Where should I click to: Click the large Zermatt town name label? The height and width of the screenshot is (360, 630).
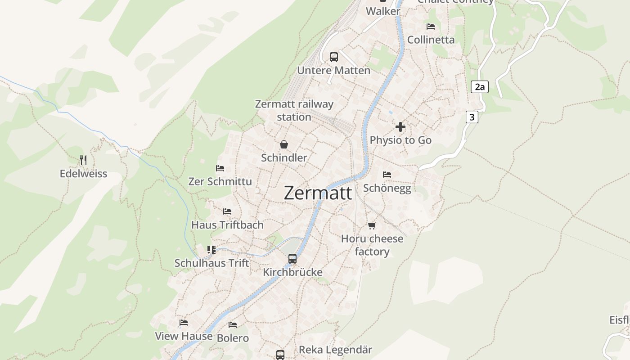pyautogui.click(x=318, y=193)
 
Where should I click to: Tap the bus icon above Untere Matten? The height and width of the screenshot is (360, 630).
pyautogui.click(x=333, y=57)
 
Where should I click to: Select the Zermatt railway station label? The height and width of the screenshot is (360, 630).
pyautogui.click(x=294, y=110)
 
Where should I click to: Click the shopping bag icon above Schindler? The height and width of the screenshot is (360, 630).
pyautogui.click(x=284, y=144)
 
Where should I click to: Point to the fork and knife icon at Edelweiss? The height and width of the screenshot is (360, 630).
pyautogui.click(x=83, y=160)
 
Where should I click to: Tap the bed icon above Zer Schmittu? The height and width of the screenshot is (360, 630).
pyautogui.click(x=220, y=168)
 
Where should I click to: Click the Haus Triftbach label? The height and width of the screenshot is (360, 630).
pyautogui.click(x=227, y=225)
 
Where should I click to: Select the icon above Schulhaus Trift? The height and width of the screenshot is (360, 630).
pyautogui.click(x=211, y=249)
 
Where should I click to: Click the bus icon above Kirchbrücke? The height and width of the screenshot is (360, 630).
pyautogui.click(x=292, y=259)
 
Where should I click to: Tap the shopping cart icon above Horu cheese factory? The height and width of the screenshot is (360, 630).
pyautogui.click(x=372, y=225)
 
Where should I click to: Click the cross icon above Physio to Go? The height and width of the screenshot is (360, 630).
pyautogui.click(x=400, y=127)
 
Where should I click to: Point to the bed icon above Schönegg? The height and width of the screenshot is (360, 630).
pyautogui.click(x=387, y=175)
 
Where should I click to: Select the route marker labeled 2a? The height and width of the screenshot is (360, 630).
pyautogui.click(x=480, y=87)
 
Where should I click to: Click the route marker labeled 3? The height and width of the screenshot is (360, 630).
pyautogui.click(x=472, y=117)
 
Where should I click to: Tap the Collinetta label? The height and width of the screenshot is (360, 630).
pyautogui.click(x=431, y=40)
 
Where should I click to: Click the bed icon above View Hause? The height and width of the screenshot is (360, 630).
pyautogui.click(x=184, y=323)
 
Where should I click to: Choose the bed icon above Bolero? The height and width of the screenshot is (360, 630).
pyautogui.click(x=233, y=324)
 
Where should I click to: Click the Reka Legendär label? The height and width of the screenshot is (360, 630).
pyautogui.click(x=335, y=350)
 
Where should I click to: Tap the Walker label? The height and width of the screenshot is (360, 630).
pyautogui.click(x=383, y=11)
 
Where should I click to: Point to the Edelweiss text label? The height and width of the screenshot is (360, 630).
pyautogui.click(x=83, y=174)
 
